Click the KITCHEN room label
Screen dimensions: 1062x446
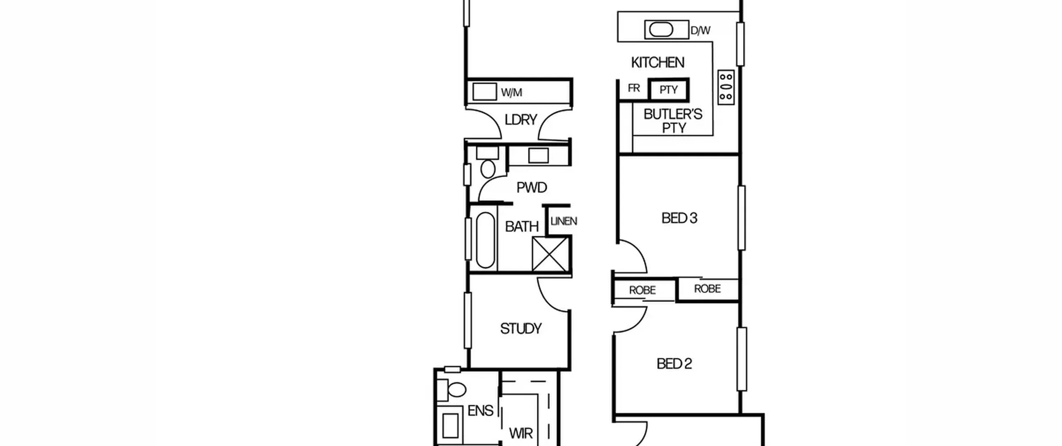coord(658,63)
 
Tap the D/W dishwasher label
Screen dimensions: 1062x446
coord(700,30)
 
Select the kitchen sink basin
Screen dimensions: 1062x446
coord(661,30)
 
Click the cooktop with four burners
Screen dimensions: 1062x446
coord(726,87)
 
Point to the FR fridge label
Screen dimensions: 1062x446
coord(634,88)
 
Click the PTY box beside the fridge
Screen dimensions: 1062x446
coord(669,90)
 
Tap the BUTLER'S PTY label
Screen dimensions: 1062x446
coord(673,121)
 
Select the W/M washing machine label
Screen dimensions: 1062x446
coord(512,93)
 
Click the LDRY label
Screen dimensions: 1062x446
coord(521,120)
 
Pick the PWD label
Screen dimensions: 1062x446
coord(531,188)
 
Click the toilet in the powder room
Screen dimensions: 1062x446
coord(487,163)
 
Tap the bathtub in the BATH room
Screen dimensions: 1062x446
coord(485,240)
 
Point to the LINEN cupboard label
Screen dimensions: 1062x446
coord(564,222)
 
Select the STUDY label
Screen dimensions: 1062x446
coord(521,329)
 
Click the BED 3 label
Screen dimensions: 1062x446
coord(679,218)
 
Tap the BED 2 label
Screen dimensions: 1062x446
coord(674,364)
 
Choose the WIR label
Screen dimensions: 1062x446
coord(521,434)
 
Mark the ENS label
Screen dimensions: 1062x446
coord(480,411)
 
